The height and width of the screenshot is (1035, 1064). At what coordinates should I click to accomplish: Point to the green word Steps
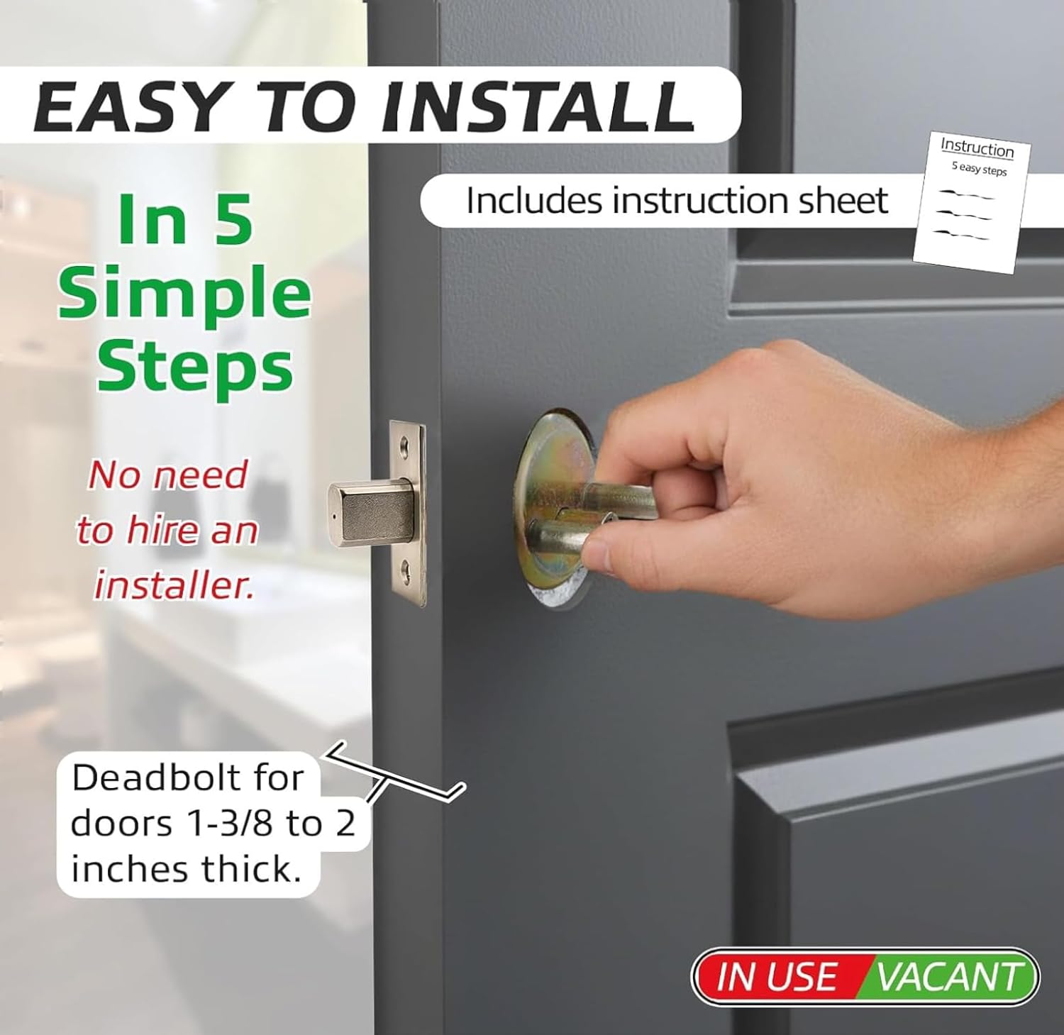(x=194, y=367)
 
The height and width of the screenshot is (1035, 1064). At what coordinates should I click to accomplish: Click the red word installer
(x=174, y=585)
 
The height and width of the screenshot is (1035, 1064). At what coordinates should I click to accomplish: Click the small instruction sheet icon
(x=972, y=201)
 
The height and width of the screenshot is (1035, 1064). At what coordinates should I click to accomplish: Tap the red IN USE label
(x=777, y=977)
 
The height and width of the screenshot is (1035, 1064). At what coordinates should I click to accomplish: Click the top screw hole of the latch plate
(x=405, y=448)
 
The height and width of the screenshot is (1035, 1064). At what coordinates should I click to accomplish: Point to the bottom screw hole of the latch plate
(x=405, y=568)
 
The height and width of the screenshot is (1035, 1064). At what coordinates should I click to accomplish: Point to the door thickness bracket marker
(x=394, y=777)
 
